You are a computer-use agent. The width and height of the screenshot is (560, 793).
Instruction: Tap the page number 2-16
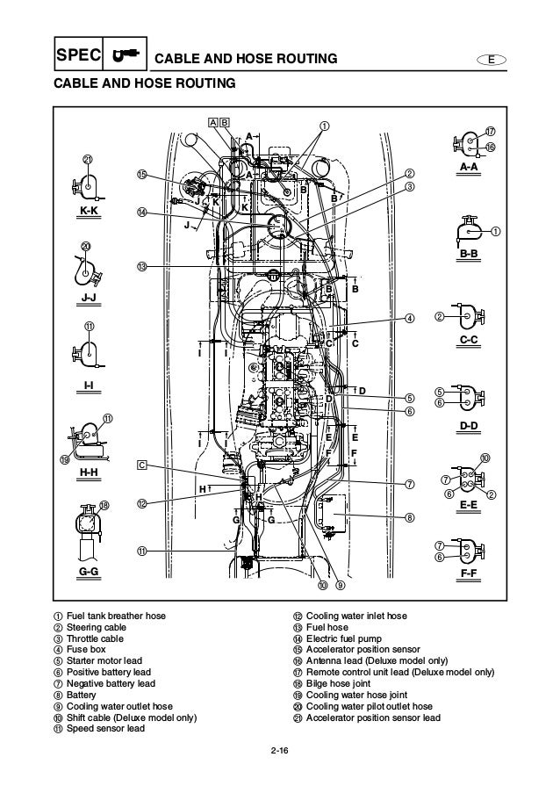[x=280, y=749]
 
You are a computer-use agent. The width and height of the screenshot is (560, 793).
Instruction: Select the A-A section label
[x=469, y=166]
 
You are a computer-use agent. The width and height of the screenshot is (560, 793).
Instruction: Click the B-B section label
[x=469, y=254]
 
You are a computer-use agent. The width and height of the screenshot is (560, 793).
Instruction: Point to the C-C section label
[x=469, y=339]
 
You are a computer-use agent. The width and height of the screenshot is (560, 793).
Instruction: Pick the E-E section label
[x=469, y=506]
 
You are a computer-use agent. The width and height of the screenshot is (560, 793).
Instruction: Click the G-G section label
[x=90, y=572]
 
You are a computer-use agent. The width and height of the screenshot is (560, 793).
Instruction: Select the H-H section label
[x=90, y=472]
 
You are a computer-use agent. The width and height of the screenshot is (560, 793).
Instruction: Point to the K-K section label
[x=90, y=212]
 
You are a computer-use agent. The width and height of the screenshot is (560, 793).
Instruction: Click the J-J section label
[x=90, y=299]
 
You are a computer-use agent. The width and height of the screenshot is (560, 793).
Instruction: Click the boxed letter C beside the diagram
[x=141, y=465]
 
